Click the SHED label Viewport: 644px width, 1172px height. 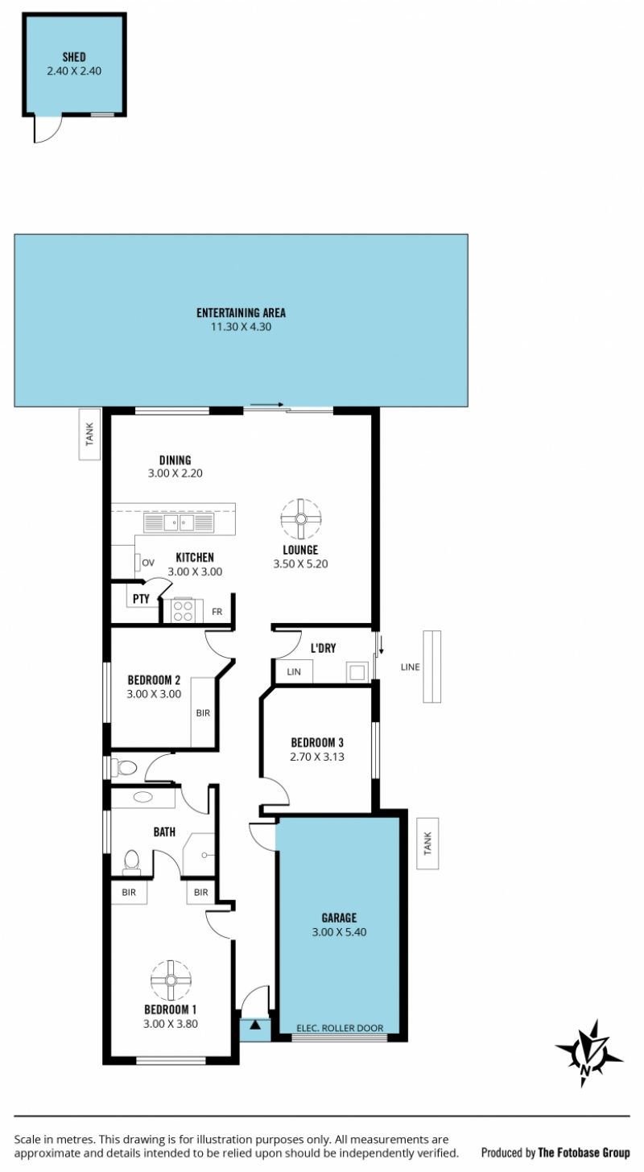click(74, 57)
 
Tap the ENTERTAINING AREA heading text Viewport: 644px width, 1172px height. click(242, 313)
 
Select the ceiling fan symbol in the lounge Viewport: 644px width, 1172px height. click(301, 519)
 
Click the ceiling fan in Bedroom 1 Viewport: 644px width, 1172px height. click(171, 980)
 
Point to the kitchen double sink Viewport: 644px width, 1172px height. click(179, 522)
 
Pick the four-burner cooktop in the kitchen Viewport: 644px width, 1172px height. click(183, 611)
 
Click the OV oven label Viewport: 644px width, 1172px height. click(148, 563)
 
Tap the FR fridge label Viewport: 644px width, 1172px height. click(217, 612)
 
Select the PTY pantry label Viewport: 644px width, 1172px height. click(141, 599)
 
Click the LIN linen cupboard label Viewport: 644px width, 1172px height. click(294, 672)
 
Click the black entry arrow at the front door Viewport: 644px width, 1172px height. click(254, 1025)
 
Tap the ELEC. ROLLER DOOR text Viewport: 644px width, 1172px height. click(340, 1028)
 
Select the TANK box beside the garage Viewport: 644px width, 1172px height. click(427, 844)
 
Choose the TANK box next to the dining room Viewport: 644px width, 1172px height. click(89, 435)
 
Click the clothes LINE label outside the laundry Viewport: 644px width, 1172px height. click(411, 666)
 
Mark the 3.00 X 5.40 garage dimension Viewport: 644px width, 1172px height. click(339, 931)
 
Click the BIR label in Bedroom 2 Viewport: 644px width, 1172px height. click(203, 712)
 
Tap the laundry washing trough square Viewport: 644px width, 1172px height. click(357, 672)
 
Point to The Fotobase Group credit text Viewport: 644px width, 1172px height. click(584, 1152)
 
